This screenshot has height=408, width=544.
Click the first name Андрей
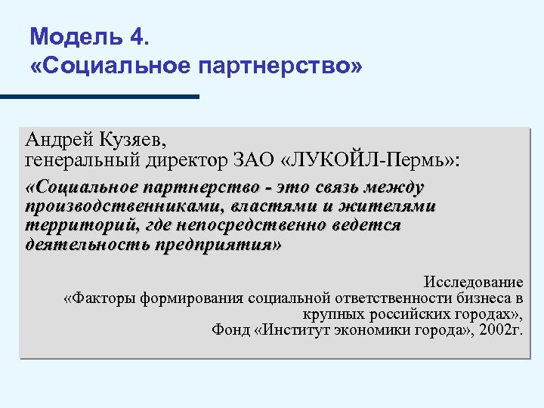click(x=57, y=140)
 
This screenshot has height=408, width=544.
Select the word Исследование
click(x=473, y=282)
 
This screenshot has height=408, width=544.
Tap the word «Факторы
click(x=94, y=298)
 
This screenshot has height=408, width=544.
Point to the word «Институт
click(x=292, y=330)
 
